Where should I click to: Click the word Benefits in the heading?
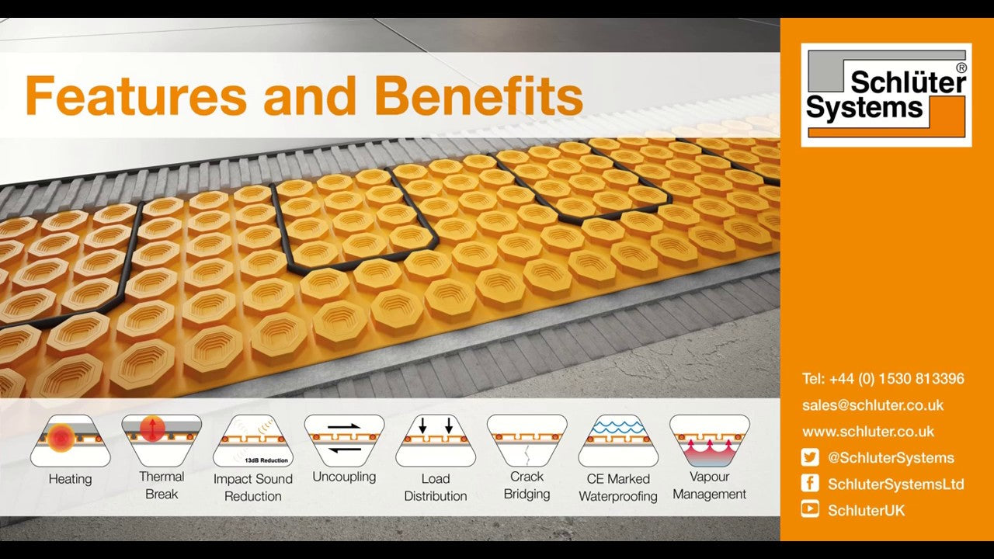[478, 95]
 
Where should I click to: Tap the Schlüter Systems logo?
[886, 95]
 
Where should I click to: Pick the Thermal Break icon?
[162, 440]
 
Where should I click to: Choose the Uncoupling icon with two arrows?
[344, 440]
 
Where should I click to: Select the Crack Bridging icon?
[527, 440]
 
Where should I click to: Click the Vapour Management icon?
[710, 440]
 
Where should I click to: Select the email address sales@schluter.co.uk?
[873, 405]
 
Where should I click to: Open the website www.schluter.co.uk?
[868, 432]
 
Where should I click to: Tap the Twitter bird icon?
[810, 457]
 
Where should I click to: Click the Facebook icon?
[810, 484]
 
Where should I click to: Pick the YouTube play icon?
[810, 509]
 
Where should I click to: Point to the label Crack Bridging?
[527, 485]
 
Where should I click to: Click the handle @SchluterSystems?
[891, 458]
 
